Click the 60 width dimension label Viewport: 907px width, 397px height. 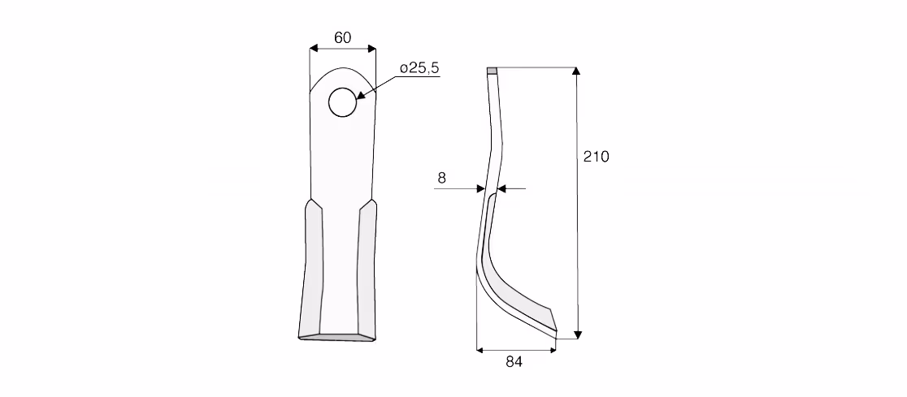point(342,37)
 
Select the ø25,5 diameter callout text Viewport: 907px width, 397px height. point(419,68)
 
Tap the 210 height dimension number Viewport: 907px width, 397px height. point(596,157)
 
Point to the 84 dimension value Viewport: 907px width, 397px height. point(514,362)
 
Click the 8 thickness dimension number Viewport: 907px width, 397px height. point(442,178)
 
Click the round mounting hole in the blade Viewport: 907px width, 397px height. point(342,102)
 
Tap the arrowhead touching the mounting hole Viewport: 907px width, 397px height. point(360,95)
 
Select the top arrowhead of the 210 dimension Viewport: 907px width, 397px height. point(575,71)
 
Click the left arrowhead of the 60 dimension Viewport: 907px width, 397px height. point(314,49)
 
